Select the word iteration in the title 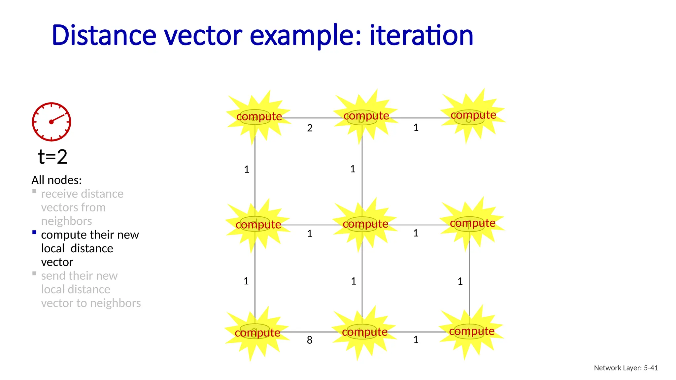pos(422,35)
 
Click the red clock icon pos(51,122)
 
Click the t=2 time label pos(52,157)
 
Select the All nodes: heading pos(56,180)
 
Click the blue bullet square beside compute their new pos(34,232)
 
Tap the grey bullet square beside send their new pos(34,273)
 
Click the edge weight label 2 pos(310,128)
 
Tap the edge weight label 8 pos(309,340)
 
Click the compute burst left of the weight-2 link pos(259,116)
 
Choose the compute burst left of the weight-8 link pos(257,332)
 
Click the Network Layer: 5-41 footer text pos(626,368)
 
